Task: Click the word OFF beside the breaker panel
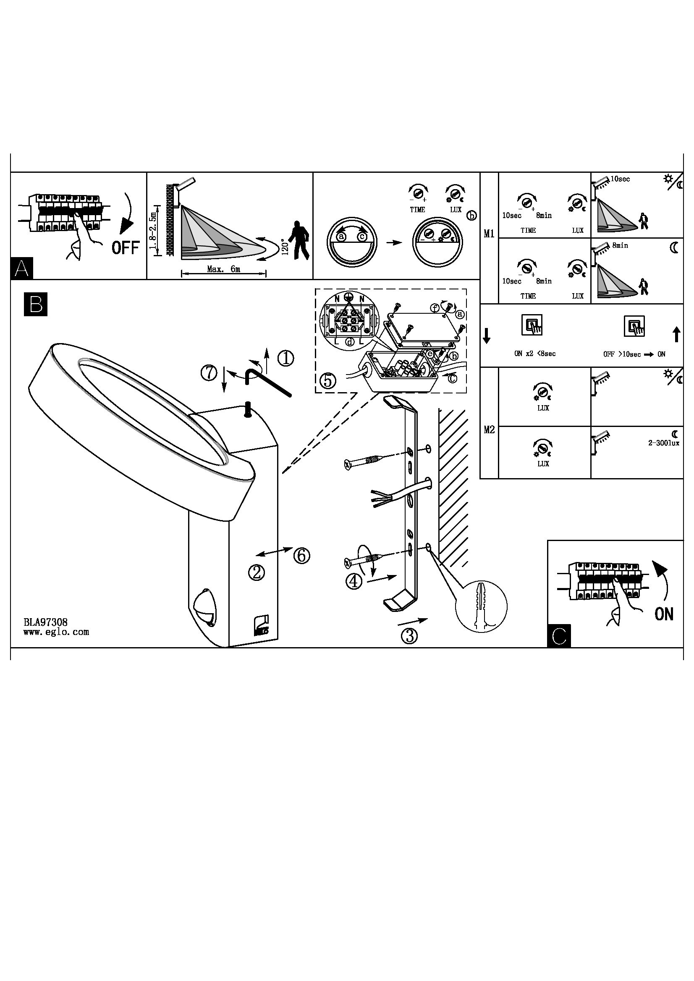125,248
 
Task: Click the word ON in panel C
664,614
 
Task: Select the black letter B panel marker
36,304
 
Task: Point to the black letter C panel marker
559,636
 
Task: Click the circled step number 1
285,358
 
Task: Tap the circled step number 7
209,373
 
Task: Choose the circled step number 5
327,380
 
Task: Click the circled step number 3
409,636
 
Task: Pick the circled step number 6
301,555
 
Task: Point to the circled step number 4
354,581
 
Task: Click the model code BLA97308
46,622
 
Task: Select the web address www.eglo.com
56,632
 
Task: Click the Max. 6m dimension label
223,269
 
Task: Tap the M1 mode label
489,234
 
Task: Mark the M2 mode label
489,429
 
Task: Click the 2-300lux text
664,442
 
